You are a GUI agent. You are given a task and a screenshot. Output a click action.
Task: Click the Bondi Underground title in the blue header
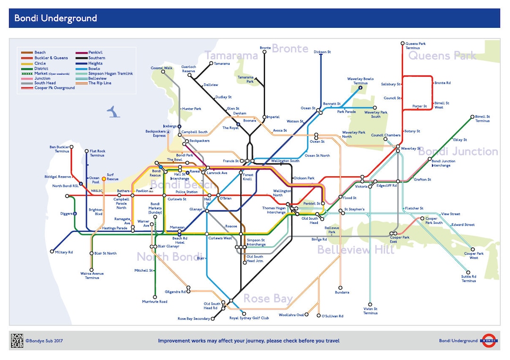(x=55, y=18)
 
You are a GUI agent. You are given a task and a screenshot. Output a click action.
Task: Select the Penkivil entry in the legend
(x=95, y=52)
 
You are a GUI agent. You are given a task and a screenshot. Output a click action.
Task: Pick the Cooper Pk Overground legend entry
(x=54, y=88)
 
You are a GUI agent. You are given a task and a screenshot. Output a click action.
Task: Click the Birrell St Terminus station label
(x=482, y=119)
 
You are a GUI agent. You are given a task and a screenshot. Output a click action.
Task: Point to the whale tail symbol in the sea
(x=113, y=111)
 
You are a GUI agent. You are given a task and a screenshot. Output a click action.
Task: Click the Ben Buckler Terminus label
(x=59, y=149)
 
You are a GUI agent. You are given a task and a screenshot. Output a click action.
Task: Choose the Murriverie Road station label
(x=155, y=301)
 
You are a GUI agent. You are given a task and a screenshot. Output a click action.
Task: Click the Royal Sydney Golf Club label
(x=249, y=318)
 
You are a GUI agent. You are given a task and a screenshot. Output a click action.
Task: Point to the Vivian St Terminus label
(x=370, y=310)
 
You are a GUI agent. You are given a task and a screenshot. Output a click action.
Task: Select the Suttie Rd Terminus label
(x=468, y=279)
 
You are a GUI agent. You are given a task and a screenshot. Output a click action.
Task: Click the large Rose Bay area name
(x=268, y=298)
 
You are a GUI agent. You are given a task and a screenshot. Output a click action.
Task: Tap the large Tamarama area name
(x=231, y=55)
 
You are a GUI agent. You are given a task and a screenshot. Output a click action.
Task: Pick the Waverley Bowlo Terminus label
(x=360, y=81)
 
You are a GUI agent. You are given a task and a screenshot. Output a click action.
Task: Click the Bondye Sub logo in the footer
(x=17, y=341)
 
